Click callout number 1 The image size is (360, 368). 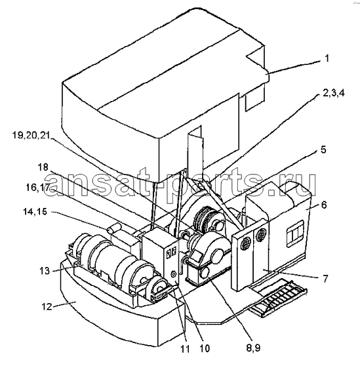coord(327,58)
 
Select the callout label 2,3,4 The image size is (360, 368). coord(333,93)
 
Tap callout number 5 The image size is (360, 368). coord(323,150)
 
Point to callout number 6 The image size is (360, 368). coord(324,205)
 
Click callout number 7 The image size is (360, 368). coord(325,279)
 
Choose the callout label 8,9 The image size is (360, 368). coord(254,348)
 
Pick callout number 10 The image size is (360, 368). coord(205,348)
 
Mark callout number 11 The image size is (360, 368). coord(185,349)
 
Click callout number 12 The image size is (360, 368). coord(47,306)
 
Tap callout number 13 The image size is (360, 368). coord(45,271)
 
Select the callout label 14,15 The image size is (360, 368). coord(35,211)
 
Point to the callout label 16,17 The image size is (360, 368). coord(37,188)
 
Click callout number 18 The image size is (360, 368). coord(43,167)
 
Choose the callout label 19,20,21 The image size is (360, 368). coord(31,135)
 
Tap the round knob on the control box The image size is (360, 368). coord(173,274)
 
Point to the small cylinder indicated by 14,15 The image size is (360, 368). coord(114,228)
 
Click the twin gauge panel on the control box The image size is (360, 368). coord(171,253)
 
